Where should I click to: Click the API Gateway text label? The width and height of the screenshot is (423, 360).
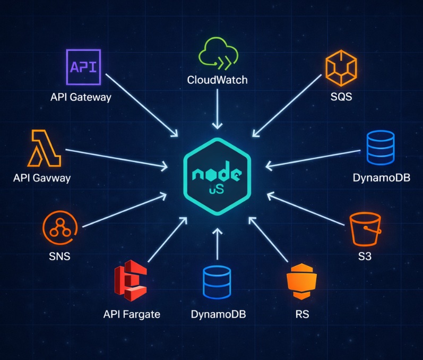click(81, 97)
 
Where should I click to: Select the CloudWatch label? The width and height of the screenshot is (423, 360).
click(217, 80)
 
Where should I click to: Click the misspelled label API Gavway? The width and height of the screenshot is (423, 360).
click(42, 177)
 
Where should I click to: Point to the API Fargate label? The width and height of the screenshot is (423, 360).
click(132, 314)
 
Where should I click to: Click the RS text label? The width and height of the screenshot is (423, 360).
click(302, 314)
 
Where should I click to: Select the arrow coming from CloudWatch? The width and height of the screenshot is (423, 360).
click(217, 108)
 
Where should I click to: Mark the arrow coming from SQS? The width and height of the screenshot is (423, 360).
click(287, 103)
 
